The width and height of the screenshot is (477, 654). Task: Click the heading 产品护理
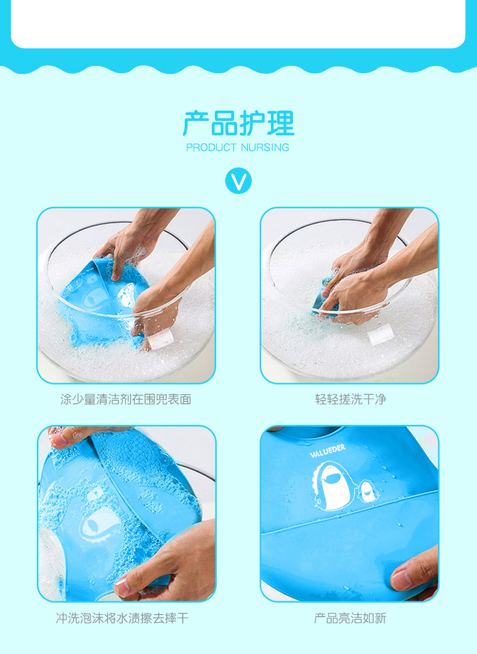pos(238,123)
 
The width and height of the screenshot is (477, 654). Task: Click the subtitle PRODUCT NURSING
pos(237,147)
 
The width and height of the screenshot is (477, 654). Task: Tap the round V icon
pos(238,181)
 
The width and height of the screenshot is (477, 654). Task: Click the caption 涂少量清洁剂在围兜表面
pos(126,399)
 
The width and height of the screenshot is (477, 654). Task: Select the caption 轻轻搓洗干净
pos(350,399)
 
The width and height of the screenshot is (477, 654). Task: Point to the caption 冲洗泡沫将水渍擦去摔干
pos(122,618)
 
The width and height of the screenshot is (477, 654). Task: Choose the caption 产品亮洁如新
pos(350,618)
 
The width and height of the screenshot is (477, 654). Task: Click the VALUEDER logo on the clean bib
pos(328,451)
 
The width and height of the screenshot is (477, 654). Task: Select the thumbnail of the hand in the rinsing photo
pos(123,588)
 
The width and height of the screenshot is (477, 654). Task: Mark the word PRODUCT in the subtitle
pos(211,147)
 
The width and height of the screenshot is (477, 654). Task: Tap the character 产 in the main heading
pos(196,123)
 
